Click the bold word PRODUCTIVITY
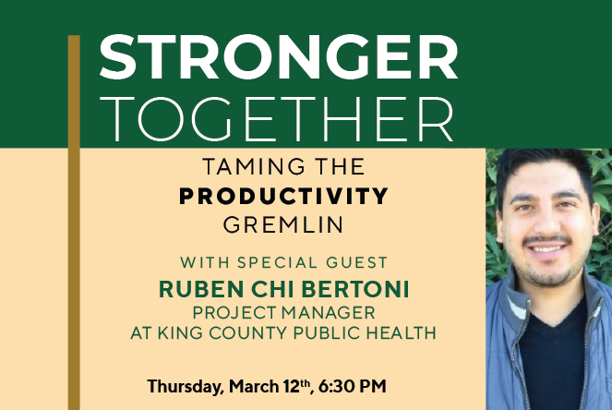(283, 197)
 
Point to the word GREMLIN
(283, 224)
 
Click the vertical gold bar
(75, 222)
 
